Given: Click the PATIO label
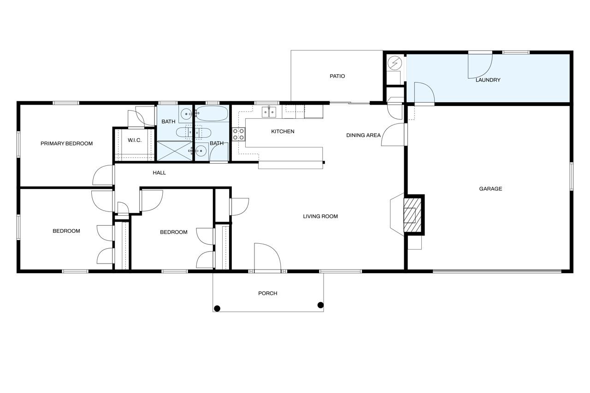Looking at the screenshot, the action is pyautogui.click(x=337, y=76).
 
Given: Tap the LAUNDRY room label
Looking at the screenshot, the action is pyautogui.click(x=488, y=80).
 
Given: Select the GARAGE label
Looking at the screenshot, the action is pyautogui.click(x=490, y=189).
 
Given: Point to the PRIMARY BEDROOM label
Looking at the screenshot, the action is pyautogui.click(x=67, y=143).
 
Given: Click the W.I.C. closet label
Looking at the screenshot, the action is pyautogui.click(x=135, y=141).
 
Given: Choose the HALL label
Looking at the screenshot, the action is pyautogui.click(x=159, y=173).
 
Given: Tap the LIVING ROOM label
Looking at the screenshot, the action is pyautogui.click(x=320, y=217).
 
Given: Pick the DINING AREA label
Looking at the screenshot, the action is pyautogui.click(x=363, y=135).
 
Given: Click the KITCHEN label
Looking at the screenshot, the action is pyautogui.click(x=283, y=131).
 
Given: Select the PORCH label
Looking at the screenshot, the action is pyautogui.click(x=268, y=293).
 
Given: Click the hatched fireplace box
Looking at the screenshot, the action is pyautogui.click(x=413, y=215).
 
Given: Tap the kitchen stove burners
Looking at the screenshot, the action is pyautogui.click(x=238, y=134).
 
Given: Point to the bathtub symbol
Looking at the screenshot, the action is pyautogui.click(x=212, y=113).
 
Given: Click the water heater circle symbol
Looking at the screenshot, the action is pyautogui.click(x=395, y=64).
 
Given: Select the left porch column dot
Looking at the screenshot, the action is pyautogui.click(x=217, y=309).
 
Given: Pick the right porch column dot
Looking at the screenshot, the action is pyautogui.click(x=320, y=305).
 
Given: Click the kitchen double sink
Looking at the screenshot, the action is pyautogui.click(x=269, y=112).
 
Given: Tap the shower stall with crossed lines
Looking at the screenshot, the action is pyautogui.click(x=175, y=151).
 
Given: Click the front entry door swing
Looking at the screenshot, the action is pyautogui.click(x=268, y=257).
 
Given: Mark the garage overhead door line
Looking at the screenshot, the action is pyautogui.click(x=497, y=270).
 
